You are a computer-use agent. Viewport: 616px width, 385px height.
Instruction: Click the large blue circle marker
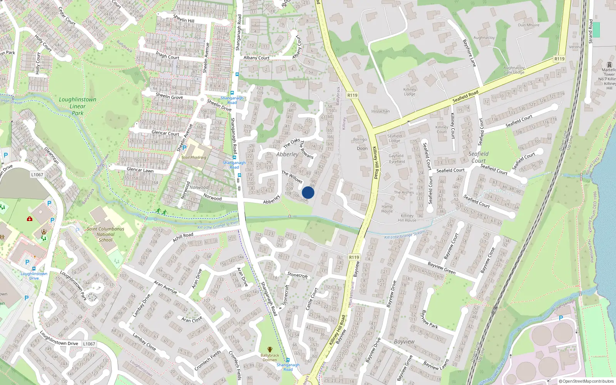point(308,192)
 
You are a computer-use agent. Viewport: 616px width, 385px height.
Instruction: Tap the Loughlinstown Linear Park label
point(78,106)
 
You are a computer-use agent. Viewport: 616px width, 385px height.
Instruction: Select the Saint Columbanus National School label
point(105,234)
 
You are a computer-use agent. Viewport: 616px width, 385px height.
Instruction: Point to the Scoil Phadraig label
point(194,157)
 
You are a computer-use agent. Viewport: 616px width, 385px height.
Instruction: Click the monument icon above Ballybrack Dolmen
point(269,350)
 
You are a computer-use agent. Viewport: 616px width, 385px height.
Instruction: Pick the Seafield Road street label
point(465,96)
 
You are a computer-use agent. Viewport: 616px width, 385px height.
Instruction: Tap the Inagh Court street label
point(167,55)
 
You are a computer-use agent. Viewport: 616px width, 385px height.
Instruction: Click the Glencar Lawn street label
point(140,170)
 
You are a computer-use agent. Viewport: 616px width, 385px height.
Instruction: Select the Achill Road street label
point(183,237)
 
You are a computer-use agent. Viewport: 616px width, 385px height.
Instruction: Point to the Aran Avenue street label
point(165,287)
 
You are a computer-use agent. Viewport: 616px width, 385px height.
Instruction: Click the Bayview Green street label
point(442,268)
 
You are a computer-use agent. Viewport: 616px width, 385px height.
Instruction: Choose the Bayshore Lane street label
point(469,53)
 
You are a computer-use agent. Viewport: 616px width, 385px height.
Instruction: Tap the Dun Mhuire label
point(529,25)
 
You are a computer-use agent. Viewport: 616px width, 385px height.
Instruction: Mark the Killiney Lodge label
point(410,92)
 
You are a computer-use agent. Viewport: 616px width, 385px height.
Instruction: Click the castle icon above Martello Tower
point(609,65)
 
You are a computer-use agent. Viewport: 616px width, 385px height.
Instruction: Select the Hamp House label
point(387,209)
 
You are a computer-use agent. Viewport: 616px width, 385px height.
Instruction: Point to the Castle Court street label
point(311,299)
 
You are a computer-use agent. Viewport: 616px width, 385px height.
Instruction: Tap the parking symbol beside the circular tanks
point(561,318)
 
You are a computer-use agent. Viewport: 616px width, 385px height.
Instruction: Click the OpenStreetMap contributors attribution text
point(586,381)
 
